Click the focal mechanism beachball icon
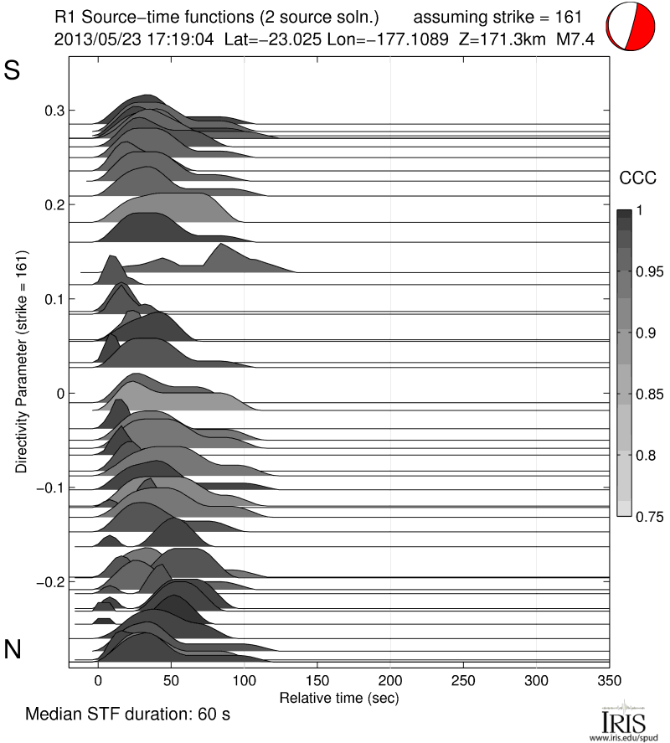pyautogui.click(x=634, y=27)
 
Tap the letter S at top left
pyautogui.click(x=13, y=71)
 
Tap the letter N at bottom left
pyautogui.click(x=13, y=649)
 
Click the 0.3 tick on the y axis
pyautogui.click(x=54, y=111)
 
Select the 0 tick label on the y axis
pyautogui.click(x=59, y=393)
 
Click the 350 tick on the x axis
pyautogui.click(x=610, y=680)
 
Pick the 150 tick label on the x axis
pyautogui.click(x=317, y=680)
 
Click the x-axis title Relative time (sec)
pyautogui.click(x=338, y=697)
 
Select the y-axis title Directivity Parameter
pyautogui.click(x=20, y=360)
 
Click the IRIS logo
pyautogui.click(x=623, y=720)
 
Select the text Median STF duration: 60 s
pyautogui.click(x=127, y=715)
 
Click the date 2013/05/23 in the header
pyautogui.click(x=90, y=39)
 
